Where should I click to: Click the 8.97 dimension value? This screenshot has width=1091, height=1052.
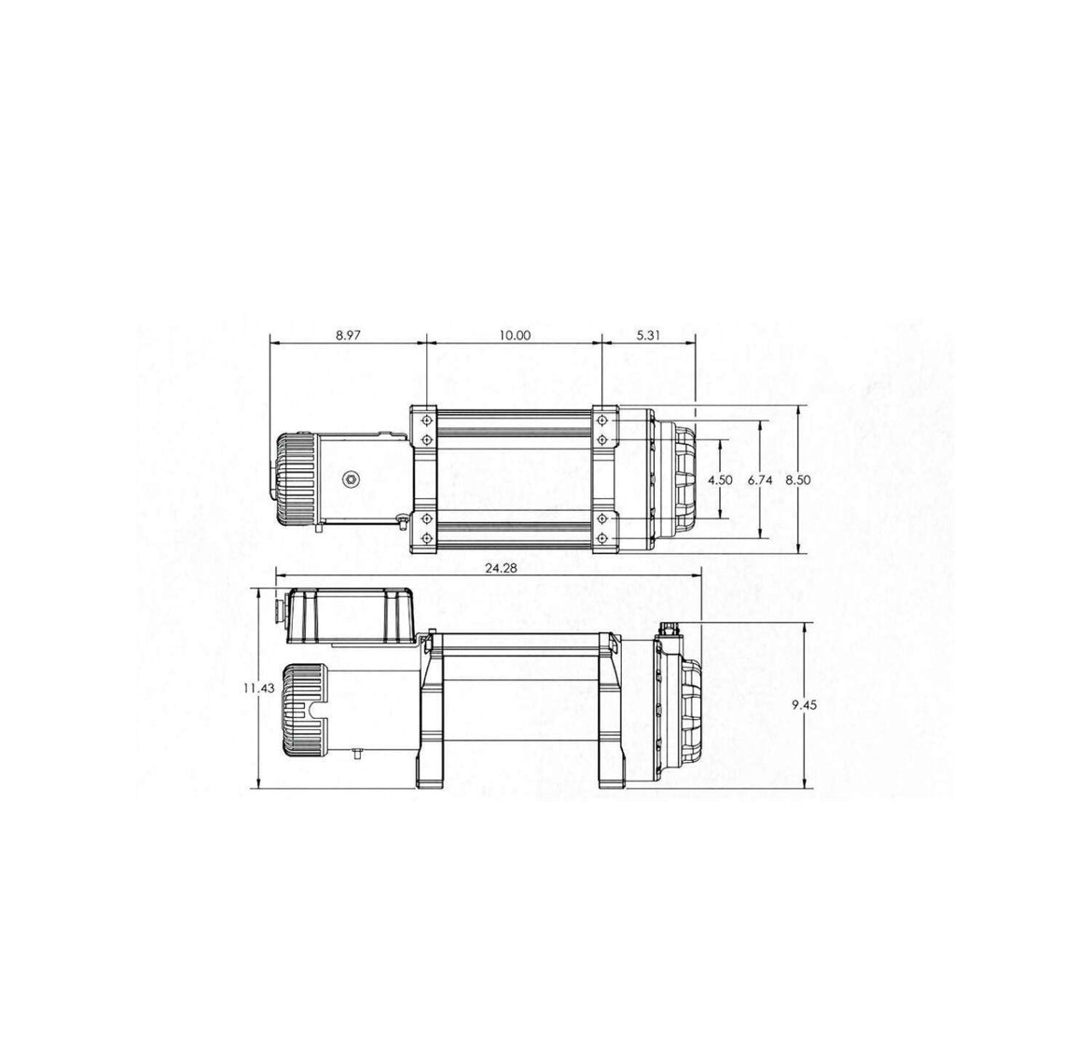(348, 336)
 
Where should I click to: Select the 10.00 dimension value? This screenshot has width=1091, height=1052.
(514, 336)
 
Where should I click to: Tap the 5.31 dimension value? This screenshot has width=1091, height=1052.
(648, 336)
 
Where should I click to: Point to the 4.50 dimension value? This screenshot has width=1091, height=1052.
(720, 480)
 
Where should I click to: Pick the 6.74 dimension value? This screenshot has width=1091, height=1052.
(760, 480)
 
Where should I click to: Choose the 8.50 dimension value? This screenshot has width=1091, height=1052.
(798, 480)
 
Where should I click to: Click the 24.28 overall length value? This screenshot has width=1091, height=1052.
(501, 569)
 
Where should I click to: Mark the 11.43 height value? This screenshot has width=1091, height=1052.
(259, 688)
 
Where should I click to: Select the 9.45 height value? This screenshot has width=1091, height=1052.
(805, 705)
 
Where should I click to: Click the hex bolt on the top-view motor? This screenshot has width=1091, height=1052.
(352, 478)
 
